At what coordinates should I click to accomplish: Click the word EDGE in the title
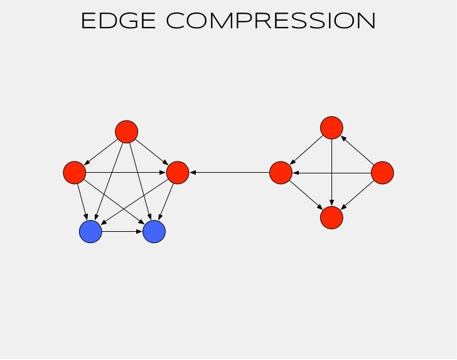pyautogui.click(x=119, y=21)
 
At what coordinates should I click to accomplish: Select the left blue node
pyautogui.click(x=90, y=232)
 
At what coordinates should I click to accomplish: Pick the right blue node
pyautogui.click(x=154, y=232)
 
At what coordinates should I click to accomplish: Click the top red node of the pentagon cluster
pyautogui.click(x=126, y=131)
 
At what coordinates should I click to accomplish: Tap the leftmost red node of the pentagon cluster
pyautogui.click(x=74, y=172)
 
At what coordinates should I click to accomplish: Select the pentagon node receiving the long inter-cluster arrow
pyautogui.click(x=178, y=172)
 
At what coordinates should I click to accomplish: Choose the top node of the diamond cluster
pyautogui.click(x=331, y=128)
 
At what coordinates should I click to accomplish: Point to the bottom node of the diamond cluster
pyautogui.click(x=331, y=217)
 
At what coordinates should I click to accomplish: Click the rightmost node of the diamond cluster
pyautogui.click(x=382, y=172)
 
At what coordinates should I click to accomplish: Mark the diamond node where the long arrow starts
pyautogui.click(x=281, y=172)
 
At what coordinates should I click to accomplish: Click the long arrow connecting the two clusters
pyautogui.click(x=229, y=172)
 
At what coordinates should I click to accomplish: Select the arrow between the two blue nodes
pyautogui.click(x=122, y=232)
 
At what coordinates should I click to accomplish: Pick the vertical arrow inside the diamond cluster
pyautogui.click(x=331, y=173)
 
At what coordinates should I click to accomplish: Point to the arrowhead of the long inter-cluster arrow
pyautogui.click(x=192, y=172)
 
